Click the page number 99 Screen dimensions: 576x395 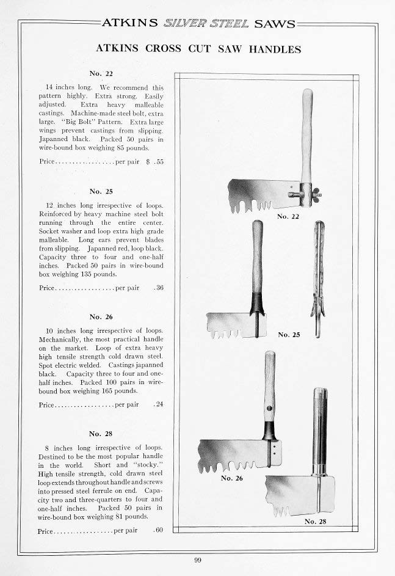pyautogui.click(x=197, y=560)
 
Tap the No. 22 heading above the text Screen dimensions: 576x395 pyautogui.click(x=101, y=73)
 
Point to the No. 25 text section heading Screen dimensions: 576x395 pyautogui.click(x=101, y=191)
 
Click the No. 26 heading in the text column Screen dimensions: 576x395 pyautogui.click(x=101, y=316)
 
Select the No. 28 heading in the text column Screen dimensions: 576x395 pyautogui.click(x=101, y=434)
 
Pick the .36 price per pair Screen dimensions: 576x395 pyautogui.click(x=159, y=288)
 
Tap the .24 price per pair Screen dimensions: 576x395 pyautogui.click(x=159, y=404)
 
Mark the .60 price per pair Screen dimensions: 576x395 pyautogui.click(x=159, y=530)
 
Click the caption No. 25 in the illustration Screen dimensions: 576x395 pyautogui.click(x=289, y=335)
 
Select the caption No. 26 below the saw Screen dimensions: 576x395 pyautogui.click(x=231, y=478)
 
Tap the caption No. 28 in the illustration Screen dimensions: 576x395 pyautogui.click(x=315, y=522)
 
